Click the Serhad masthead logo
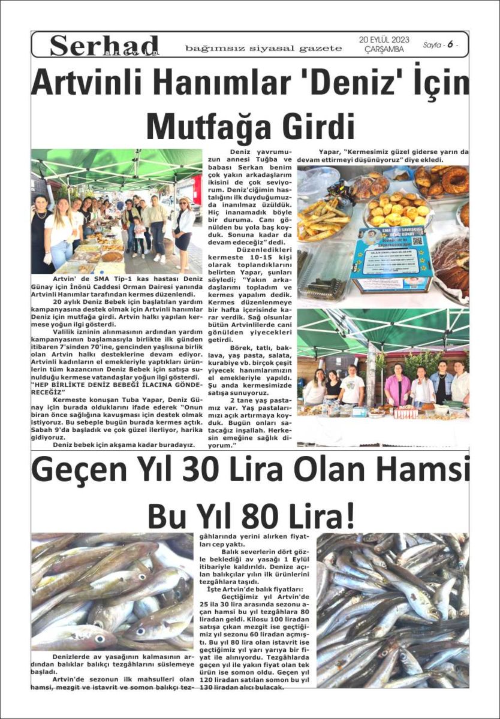(x=104, y=46)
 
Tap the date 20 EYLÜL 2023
(x=384, y=40)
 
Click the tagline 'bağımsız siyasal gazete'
(x=263, y=48)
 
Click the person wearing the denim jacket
(x=441, y=385)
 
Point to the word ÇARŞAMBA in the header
(x=384, y=49)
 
